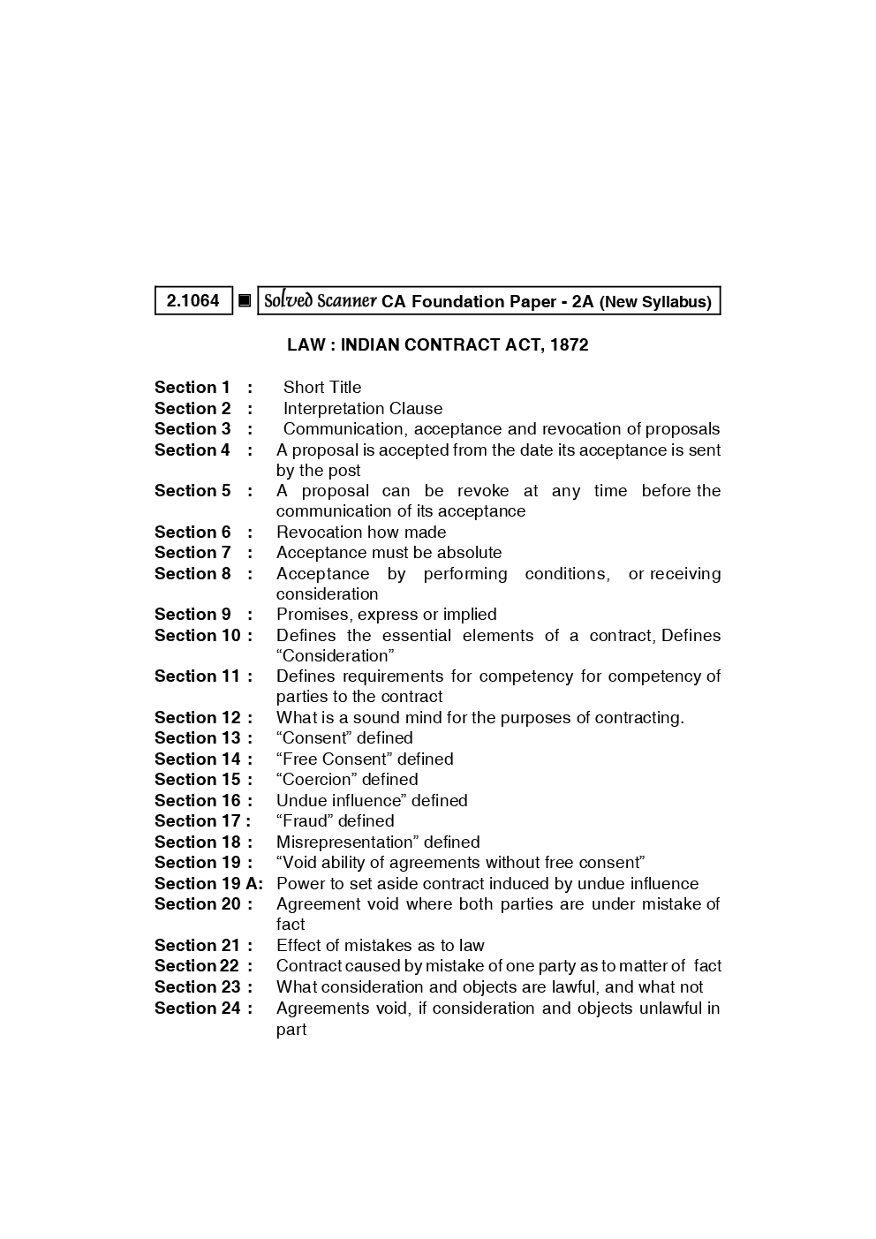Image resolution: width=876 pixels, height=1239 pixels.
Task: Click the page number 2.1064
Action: pyautogui.click(x=193, y=300)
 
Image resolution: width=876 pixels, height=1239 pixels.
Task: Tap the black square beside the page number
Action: pyautogui.click(x=245, y=301)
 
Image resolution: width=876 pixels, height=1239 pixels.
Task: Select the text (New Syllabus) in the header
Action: pyautogui.click(x=655, y=302)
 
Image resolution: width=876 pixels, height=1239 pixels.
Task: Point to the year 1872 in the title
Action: pyautogui.click(x=569, y=344)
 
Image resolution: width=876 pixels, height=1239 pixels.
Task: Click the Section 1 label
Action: pyautogui.click(x=193, y=387)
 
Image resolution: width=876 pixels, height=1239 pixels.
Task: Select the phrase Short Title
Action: pyautogui.click(x=322, y=387)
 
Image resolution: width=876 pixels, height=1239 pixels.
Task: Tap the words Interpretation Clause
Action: pyautogui.click(x=363, y=408)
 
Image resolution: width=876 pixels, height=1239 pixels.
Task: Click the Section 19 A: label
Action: pyautogui.click(x=208, y=883)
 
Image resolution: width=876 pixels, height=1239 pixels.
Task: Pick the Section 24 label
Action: pyautogui.click(x=198, y=1008)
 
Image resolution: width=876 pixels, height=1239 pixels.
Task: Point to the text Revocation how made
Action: pyautogui.click(x=361, y=532)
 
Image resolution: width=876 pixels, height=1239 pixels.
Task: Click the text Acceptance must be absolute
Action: pyautogui.click(x=389, y=552)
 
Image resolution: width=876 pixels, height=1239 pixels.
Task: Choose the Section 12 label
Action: pyautogui.click(x=198, y=717)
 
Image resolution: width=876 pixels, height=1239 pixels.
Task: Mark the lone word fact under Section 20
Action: pyautogui.click(x=291, y=924)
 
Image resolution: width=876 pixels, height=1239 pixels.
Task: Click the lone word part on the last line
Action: pyautogui.click(x=291, y=1029)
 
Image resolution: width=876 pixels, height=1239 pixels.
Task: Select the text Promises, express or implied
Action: pyautogui.click(x=386, y=614)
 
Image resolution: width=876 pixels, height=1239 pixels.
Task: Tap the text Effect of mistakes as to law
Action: pyautogui.click(x=381, y=945)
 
